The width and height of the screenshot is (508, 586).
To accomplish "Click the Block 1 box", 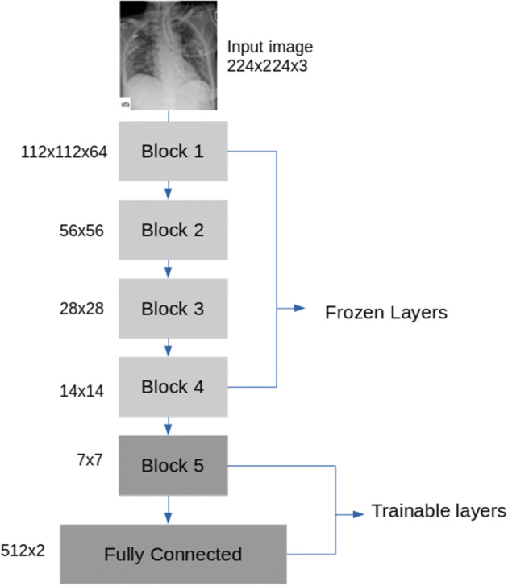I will [173, 150].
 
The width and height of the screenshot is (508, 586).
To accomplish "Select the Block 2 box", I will [173, 229].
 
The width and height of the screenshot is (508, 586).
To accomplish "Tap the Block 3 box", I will [173, 308].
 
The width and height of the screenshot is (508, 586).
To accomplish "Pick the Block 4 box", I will [173, 386].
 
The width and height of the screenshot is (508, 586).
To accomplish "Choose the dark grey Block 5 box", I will [173, 464].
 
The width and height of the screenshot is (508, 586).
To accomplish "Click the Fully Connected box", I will [173, 554].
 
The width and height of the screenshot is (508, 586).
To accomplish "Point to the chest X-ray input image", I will [168, 55].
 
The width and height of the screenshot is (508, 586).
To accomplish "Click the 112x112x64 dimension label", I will [62, 151].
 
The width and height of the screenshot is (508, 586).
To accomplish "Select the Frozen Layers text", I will [385, 312].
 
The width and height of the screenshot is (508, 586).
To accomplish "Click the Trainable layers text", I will [438, 509].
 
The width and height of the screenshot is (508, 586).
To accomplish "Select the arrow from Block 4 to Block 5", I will [168, 425].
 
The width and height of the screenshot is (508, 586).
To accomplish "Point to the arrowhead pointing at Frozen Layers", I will [301, 308].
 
